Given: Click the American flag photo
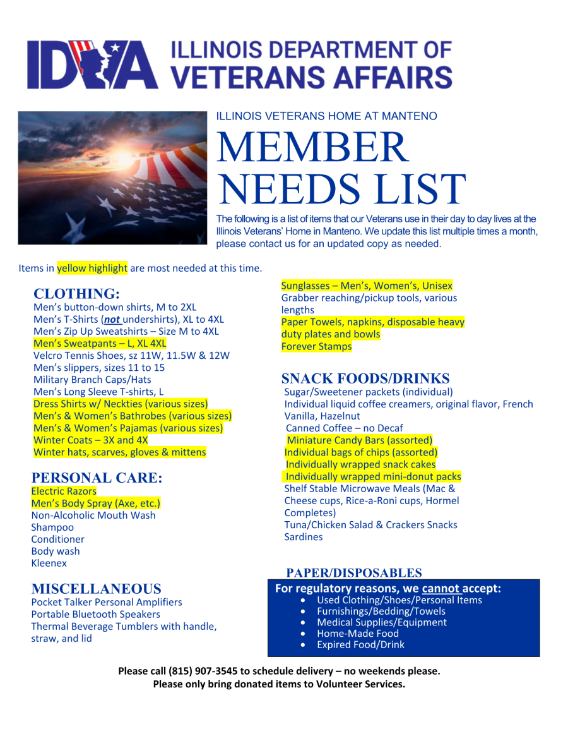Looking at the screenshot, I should point(113,178).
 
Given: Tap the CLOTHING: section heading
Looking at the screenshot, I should point(76,294).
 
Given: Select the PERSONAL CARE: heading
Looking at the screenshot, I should point(97,478).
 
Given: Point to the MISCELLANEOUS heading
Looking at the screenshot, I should point(96,589).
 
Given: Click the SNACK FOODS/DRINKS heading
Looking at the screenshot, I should point(365,378).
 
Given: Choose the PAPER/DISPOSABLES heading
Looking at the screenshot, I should point(354,573).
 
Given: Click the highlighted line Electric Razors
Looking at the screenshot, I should point(64,491).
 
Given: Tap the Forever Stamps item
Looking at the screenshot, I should point(316,346).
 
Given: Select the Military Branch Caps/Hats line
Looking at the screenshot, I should point(92,379).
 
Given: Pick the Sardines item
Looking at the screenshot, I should point(304,537).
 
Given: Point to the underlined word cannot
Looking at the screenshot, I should point(441,589).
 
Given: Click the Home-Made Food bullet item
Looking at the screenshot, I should point(358,633).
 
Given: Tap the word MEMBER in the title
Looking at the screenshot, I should point(313,147).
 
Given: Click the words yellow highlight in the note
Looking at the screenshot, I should point(92,268).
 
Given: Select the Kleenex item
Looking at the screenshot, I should point(49,563).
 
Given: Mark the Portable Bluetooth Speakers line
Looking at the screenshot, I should point(96,614).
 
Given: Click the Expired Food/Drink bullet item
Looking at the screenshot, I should point(360,645).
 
